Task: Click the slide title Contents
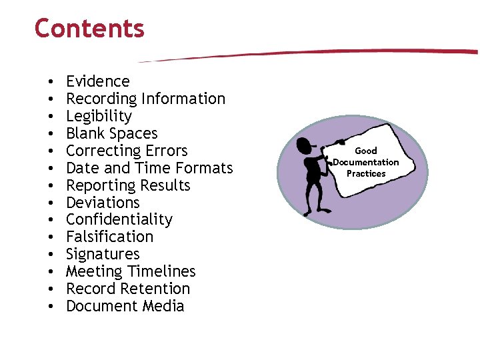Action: tap(89, 29)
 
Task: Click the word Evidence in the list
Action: tap(98, 81)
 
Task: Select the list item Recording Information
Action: tap(145, 99)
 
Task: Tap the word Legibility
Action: tap(99, 116)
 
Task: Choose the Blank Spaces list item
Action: tap(111, 133)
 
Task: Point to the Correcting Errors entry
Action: tap(127, 151)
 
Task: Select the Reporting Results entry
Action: tap(128, 185)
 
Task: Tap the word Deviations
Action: tap(103, 203)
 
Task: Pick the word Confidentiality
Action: tap(119, 220)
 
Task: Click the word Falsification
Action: tap(109, 237)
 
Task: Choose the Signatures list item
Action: tap(103, 254)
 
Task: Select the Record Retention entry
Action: tap(128, 289)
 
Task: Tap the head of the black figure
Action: tap(305, 145)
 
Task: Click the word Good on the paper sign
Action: tap(366, 151)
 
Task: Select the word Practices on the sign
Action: tap(366, 173)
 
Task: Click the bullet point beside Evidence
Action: tap(51, 82)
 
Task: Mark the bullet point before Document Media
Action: tap(51, 307)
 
